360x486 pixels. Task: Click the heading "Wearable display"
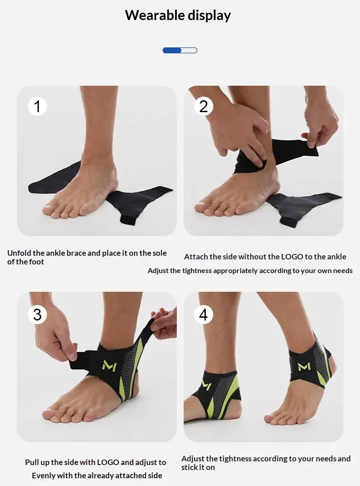point(178,16)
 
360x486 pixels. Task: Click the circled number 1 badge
point(37,106)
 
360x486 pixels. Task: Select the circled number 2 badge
point(203,106)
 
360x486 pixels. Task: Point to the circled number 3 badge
point(37,315)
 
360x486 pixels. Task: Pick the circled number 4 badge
point(203,315)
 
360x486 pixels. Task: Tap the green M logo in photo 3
point(109,366)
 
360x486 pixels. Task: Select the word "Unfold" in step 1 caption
point(19,253)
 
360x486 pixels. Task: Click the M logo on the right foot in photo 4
point(304,366)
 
